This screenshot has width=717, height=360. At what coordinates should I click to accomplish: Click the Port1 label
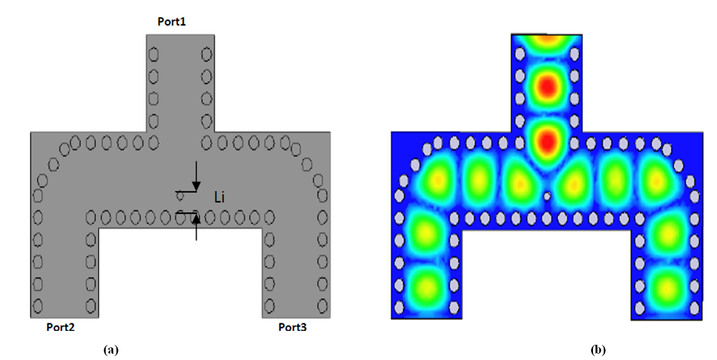(172, 22)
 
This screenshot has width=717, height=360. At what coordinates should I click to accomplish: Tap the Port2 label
(60, 327)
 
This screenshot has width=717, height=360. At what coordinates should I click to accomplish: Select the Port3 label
(292, 327)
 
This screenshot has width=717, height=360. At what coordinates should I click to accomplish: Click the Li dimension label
(220, 197)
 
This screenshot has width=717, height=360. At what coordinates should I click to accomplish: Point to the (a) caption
(111, 350)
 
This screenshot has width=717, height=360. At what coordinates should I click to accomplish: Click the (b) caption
(598, 350)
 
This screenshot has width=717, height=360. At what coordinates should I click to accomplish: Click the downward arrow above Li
(196, 176)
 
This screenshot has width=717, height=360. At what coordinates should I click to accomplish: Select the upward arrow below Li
(196, 227)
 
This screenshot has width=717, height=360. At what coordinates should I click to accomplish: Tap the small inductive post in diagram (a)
(180, 197)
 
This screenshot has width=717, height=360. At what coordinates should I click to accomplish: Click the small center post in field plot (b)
(547, 197)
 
